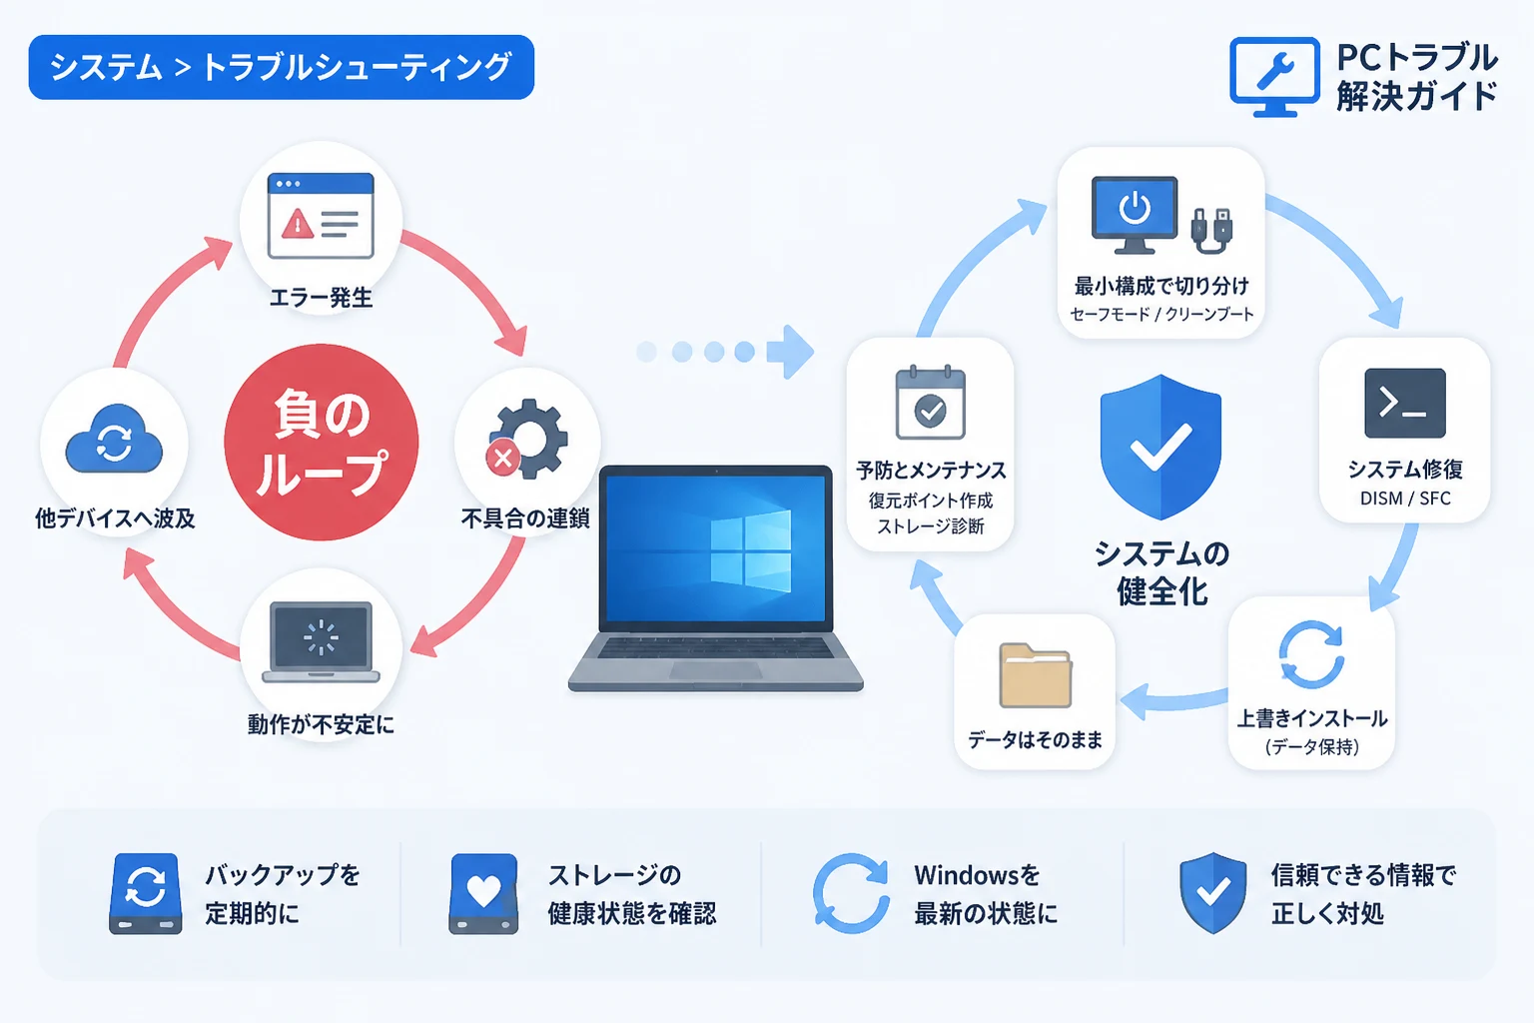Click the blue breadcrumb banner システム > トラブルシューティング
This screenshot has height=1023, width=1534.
281,67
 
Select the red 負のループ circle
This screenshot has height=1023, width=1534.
322,442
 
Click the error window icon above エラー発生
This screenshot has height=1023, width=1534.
322,215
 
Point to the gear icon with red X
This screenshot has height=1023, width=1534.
527,440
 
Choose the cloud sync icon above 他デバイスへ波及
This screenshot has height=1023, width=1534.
115,439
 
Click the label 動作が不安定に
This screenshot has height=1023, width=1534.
322,724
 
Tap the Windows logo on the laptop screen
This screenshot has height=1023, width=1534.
751,551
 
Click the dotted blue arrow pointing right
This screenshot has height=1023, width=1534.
726,352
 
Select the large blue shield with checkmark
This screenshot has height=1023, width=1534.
1160,447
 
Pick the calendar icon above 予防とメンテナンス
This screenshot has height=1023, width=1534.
931,403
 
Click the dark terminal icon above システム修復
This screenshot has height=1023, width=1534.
1405,403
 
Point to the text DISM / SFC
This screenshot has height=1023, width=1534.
1405,499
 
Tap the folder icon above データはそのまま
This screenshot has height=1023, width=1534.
1036,675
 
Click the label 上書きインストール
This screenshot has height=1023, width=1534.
1311,718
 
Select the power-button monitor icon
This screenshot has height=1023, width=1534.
1135,215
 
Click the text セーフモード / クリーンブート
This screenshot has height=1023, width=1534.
1161,314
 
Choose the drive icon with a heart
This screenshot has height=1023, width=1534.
483,894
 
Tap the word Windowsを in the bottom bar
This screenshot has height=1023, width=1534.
977,875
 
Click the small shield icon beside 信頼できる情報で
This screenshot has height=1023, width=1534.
1212,893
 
